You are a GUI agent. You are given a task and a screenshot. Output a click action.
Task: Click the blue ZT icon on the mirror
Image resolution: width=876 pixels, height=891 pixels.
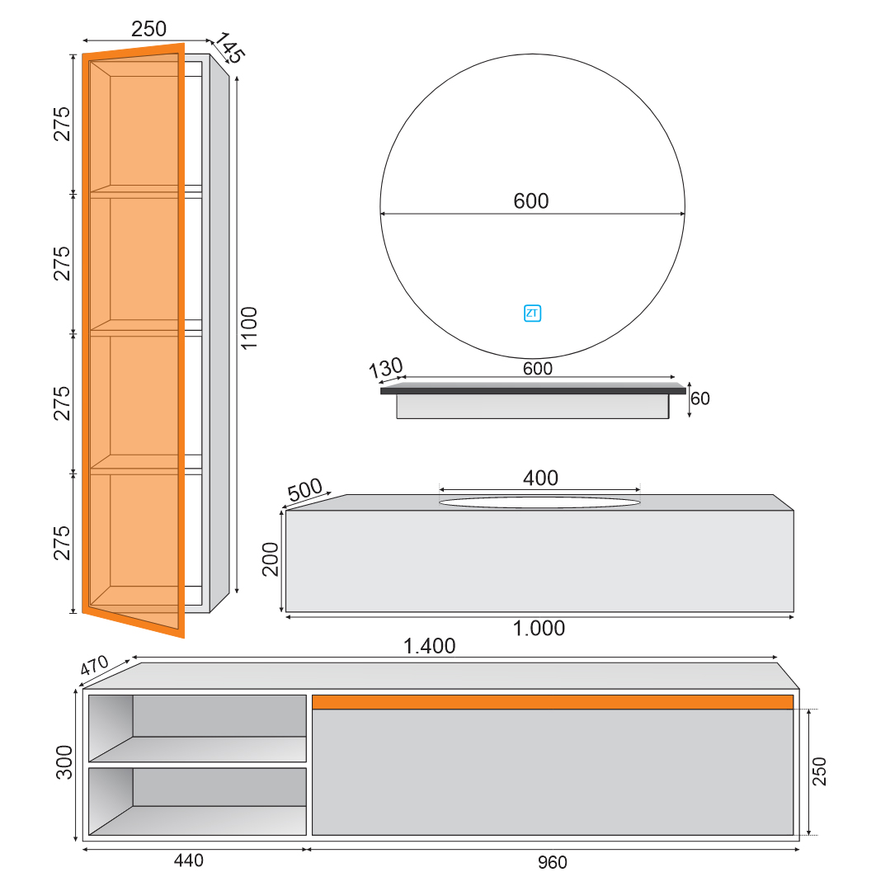pos(532,313)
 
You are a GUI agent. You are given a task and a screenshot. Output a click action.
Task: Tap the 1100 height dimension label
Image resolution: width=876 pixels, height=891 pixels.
pos(249,328)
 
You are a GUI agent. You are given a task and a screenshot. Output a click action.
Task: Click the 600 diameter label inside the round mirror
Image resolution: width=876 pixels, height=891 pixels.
pos(531,200)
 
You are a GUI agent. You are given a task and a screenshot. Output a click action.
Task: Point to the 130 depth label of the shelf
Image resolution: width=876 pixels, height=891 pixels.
pos(386,368)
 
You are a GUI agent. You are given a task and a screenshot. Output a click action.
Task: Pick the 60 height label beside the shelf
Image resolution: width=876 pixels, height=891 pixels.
pos(700,398)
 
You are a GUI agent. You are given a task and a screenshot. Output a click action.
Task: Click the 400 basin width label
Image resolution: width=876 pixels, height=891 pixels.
pos(540,478)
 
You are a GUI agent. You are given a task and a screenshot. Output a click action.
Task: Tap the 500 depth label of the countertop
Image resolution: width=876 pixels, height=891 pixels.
pos(304,489)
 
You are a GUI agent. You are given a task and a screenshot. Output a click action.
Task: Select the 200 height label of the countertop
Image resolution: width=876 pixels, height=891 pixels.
pos(271,559)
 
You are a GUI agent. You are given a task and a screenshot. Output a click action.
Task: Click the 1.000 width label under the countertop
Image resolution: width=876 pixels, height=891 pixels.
pos(539,628)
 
